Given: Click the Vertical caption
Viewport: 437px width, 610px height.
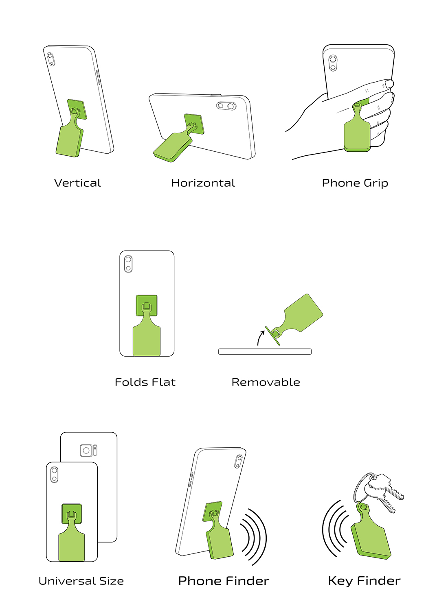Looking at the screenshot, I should point(77,183).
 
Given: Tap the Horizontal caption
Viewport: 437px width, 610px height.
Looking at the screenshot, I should point(203,183).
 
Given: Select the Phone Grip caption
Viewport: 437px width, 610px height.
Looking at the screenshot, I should point(355,183).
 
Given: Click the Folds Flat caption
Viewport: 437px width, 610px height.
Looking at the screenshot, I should point(145,382).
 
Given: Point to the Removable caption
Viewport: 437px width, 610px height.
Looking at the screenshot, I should point(266,382).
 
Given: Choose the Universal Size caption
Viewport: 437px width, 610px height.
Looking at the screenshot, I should point(81,581).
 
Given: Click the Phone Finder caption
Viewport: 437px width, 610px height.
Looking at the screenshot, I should point(224,581).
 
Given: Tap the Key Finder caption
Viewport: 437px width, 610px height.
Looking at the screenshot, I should point(364,581).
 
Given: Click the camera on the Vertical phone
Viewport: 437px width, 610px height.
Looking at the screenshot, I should point(51,59).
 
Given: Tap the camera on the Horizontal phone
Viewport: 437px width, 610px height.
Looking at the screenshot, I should point(226,106).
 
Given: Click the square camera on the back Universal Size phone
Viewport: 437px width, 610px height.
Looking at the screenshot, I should point(86,451).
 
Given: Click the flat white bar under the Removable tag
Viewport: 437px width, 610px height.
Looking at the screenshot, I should point(265,352).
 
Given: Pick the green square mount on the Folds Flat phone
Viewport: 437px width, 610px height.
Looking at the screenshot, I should point(147,305).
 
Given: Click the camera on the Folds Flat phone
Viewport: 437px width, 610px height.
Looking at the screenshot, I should point(128,264).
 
